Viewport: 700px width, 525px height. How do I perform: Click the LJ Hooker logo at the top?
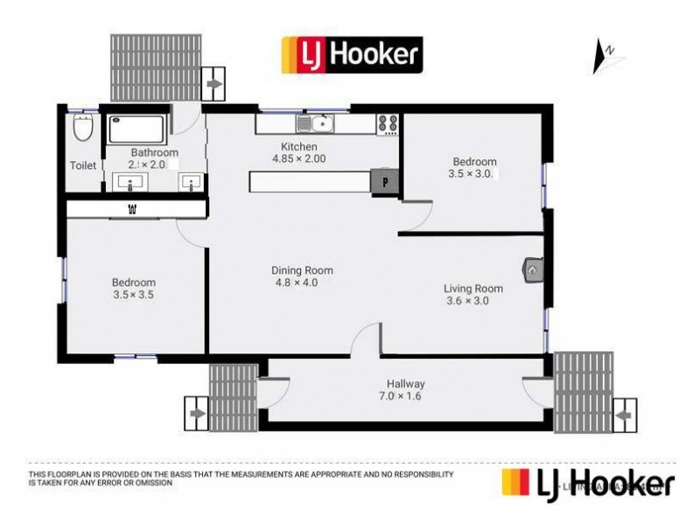click(x=350, y=53)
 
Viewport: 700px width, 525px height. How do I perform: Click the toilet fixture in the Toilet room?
click(x=83, y=129)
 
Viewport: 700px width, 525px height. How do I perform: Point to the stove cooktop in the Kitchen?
click(x=388, y=123)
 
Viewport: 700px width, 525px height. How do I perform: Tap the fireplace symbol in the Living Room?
click(x=533, y=269)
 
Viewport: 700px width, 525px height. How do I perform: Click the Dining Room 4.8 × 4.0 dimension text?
click(x=303, y=283)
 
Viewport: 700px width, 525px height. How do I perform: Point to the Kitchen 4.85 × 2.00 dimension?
click(x=298, y=158)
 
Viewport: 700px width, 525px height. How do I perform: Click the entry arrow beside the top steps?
click(x=213, y=85)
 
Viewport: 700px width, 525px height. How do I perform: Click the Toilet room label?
click(x=83, y=164)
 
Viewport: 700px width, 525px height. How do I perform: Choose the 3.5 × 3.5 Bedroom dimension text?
click(x=133, y=295)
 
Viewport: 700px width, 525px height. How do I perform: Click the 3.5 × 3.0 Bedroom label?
click(x=474, y=162)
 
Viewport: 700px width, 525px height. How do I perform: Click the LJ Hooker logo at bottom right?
click(x=587, y=483)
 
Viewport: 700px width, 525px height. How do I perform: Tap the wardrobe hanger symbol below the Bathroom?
click(x=133, y=208)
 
